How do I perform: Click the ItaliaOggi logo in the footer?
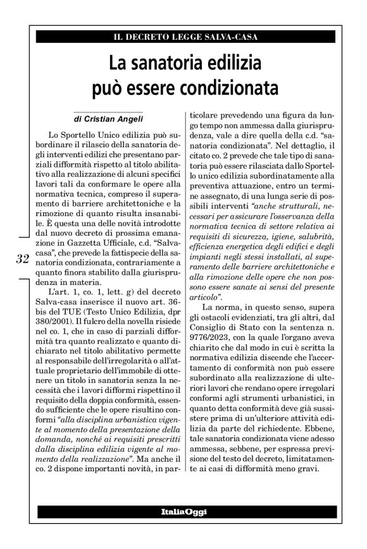[183, 510]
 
